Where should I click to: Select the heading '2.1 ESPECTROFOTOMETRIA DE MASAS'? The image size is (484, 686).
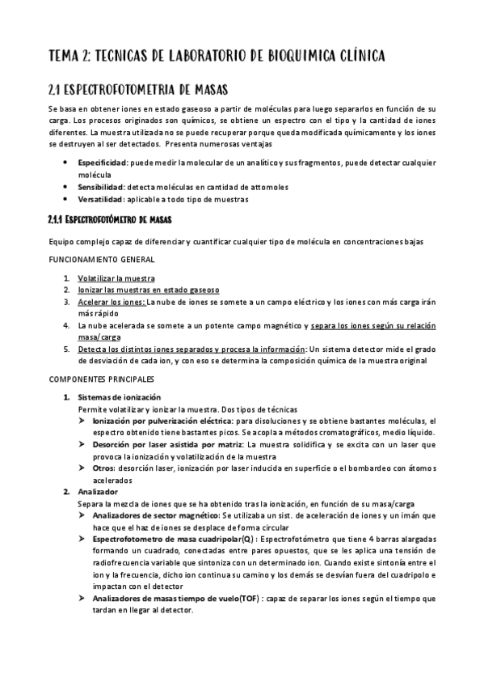click(143, 88)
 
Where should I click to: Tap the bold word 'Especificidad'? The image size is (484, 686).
click(102, 163)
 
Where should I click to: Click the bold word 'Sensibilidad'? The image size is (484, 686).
click(101, 187)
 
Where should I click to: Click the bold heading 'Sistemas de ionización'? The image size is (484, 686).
click(120, 397)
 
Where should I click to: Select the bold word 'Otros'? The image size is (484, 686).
click(103, 468)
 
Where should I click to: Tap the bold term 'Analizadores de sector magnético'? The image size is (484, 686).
click(155, 514)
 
